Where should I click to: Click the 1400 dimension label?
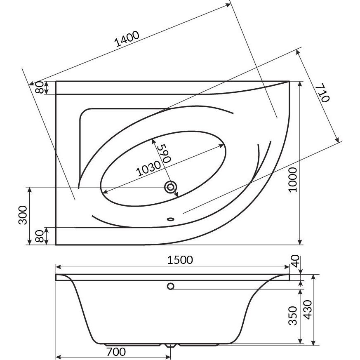click(127, 39)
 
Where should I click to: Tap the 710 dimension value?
click(322, 92)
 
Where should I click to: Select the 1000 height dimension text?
click(293, 180)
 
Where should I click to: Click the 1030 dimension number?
click(148, 168)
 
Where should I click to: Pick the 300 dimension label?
click(23, 215)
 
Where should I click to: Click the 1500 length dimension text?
click(180, 260)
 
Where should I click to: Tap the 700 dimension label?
click(116, 351)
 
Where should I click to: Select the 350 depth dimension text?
click(293, 316)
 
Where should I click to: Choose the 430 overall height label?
click(308, 310)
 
